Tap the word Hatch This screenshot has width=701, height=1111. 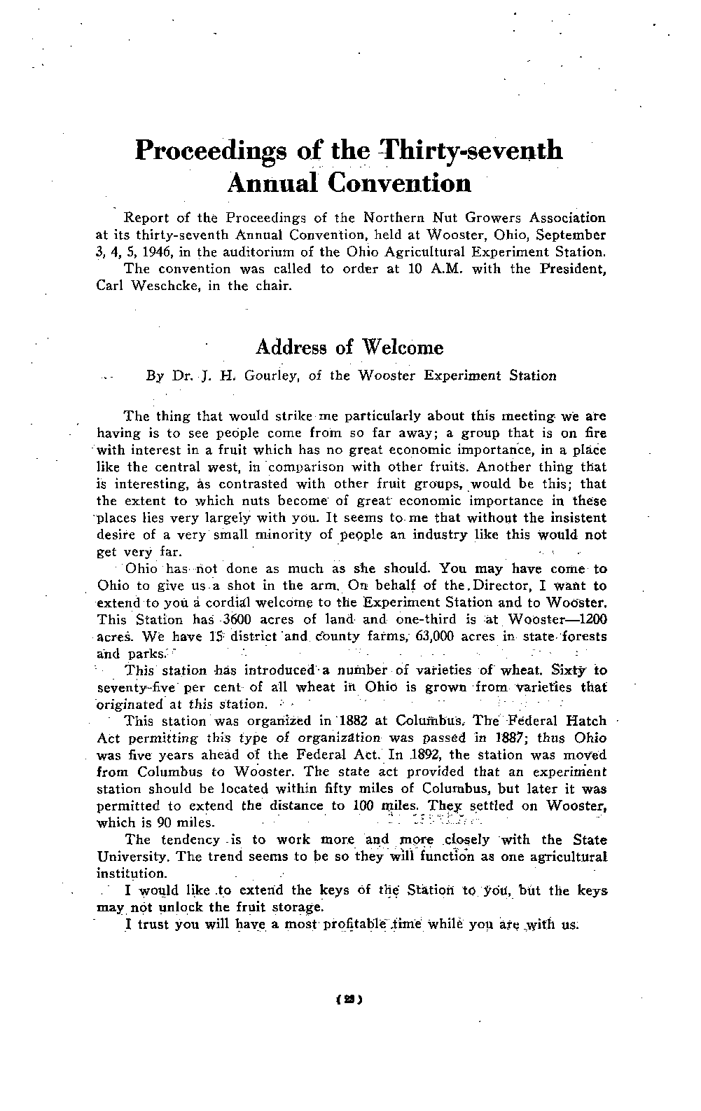click(581, 722)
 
